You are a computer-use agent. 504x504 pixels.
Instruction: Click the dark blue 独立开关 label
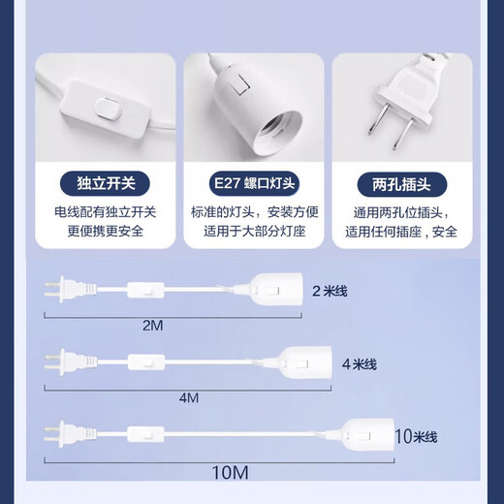coord(105,181)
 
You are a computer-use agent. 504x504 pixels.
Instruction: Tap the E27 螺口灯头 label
coord(252,181)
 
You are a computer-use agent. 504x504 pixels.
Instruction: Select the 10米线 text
coord(417,436)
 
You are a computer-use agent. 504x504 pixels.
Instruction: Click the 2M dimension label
coord(153,326)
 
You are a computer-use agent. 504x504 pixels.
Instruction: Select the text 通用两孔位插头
coord(398,211)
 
